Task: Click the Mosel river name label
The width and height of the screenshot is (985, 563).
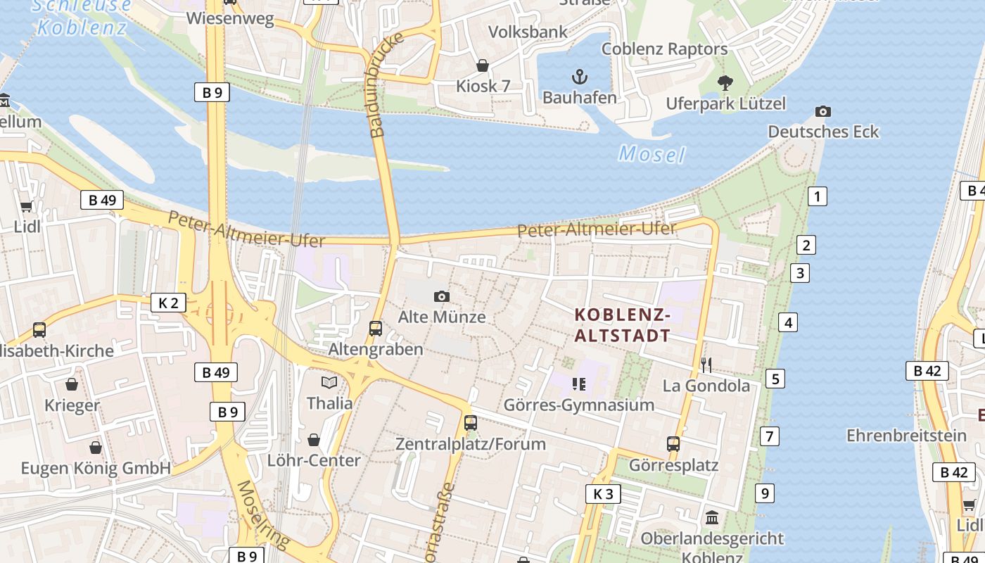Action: pyautogui.click(x=652, y=154)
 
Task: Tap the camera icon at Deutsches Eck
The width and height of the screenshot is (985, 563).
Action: pyautogui.click(x=822, y=112)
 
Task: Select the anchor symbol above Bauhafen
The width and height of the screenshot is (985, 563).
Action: pyautogui.click(x=579, y=77)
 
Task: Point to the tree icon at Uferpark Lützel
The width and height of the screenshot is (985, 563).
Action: pyautogui.click(x=725, y=83)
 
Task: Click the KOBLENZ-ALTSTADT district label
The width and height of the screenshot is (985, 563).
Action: pyautogui.click(x=623, y=324)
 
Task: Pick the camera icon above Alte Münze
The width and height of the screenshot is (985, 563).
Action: pyautogui.click(x=442, y=296)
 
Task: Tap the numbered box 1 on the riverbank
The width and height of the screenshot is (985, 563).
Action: pyautogui.click(x=817, y=196)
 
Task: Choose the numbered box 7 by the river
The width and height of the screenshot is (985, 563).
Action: pyautogui.click(x=770, y=436)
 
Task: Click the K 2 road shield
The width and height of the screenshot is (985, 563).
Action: pyautogui.click(x=168, y=303)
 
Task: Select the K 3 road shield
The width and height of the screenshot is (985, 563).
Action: pyautogui.click(x=603, y=494)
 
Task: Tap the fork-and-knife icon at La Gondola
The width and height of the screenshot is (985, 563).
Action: pyautogui.click(x=706, y=365)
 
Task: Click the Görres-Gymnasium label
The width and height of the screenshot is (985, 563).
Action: pyautogui.click(x=579, y=405)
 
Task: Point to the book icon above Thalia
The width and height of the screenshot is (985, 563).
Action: pyautogui.click(x=329, y=382)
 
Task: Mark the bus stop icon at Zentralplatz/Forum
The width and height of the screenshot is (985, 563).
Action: pyautogui.click(x=470, y=423)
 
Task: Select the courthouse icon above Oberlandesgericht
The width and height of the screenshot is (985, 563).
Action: pyautogui.click(x=712, y=517)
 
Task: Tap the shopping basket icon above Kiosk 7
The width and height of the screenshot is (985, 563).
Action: pyautogui.click(x=483, y=65)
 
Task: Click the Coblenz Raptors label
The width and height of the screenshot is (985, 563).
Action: pyautogui.click(x=664, y=49)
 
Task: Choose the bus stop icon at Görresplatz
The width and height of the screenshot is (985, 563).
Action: pyautogui.click(x=673, y=444)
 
